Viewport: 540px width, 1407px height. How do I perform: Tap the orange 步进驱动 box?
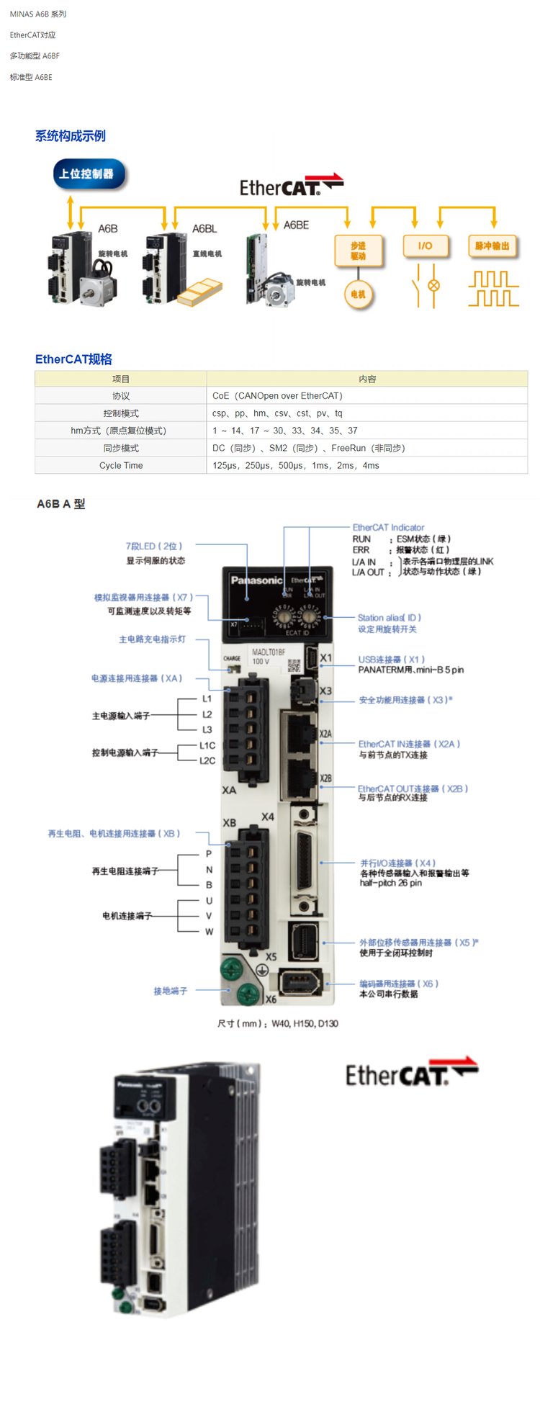(358, 251)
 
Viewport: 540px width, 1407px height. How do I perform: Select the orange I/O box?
(425, 246)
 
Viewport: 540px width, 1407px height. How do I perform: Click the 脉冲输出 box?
(492, 246)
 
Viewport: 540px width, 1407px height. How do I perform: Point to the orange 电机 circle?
(358, 294)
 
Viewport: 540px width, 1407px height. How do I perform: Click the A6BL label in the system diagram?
(204, 228)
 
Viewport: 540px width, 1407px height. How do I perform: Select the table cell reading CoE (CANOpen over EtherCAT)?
(277, 396)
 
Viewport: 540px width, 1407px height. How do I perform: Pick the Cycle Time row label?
(121, 465)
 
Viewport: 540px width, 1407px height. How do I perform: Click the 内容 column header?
(367, 379)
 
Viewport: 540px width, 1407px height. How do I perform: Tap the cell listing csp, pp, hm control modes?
(277, 413)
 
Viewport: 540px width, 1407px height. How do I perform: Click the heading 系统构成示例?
(71, 136)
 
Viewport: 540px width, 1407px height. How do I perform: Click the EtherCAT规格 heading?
(73, 359)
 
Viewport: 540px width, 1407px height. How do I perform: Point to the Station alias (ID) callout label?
(389, 618)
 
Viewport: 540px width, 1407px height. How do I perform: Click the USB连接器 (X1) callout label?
(392, 660)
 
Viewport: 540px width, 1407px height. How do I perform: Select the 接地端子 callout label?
(170, 991)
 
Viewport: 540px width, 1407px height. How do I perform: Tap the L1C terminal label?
(207, 745)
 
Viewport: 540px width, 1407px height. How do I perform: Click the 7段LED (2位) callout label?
(154, 547)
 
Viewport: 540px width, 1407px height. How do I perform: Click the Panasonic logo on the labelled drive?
(256, 580)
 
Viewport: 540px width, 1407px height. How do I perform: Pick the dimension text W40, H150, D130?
(277, 1023)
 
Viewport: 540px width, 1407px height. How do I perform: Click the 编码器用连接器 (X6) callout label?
(399, 984)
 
